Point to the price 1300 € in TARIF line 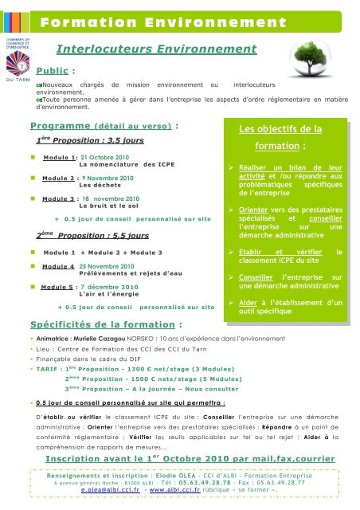[165, 371]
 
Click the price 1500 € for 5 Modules [165, 381]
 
